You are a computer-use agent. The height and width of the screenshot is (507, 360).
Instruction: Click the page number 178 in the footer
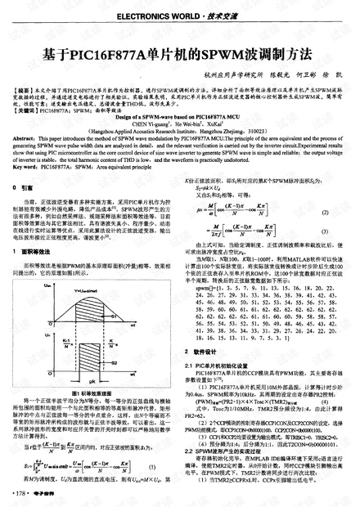pyautogui.click(x=21, y=494)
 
